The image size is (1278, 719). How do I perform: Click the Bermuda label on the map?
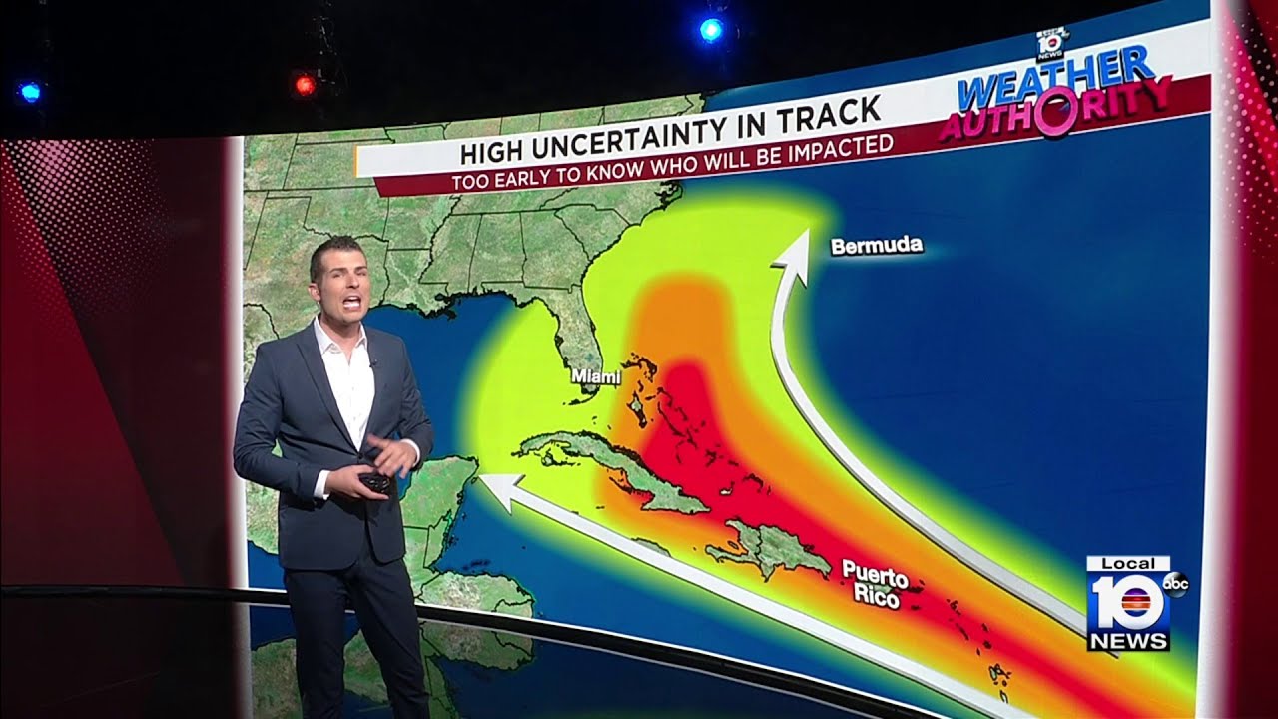(876, 246)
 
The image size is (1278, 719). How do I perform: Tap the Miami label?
(595, 377)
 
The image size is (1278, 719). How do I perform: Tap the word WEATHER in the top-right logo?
(1055, 80)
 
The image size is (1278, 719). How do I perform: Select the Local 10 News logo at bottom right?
(1128, 603)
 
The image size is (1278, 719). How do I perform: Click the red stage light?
(305, 85)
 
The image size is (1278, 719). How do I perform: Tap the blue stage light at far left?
(29, 93)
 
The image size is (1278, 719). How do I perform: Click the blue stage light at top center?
(711, 30)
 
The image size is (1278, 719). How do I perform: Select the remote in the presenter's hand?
(375, 482)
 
